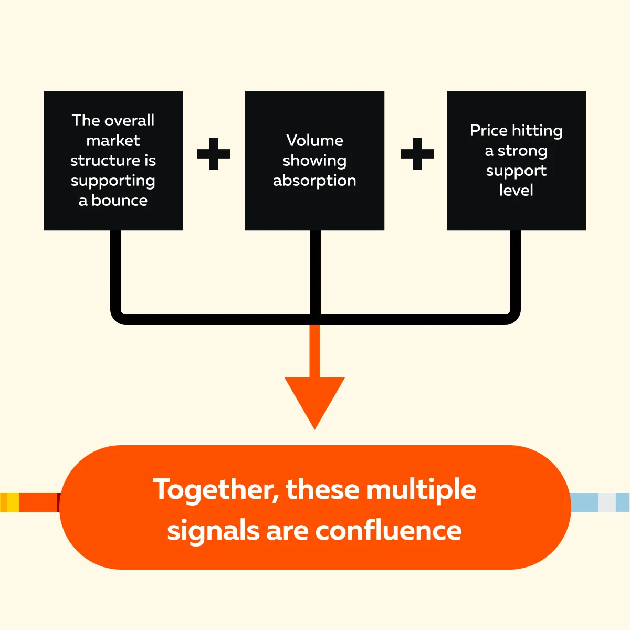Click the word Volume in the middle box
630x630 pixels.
coord(314,140)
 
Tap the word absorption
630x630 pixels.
coord(314,181)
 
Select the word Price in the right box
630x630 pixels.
coord(489,130)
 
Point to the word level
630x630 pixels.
coord(516,190)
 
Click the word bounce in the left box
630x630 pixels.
coord(120,201)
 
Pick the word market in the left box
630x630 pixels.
coord(113,141)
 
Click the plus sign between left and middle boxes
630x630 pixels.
coord(214,154)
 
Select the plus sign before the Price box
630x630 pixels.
coord(417,154)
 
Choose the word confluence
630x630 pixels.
coord(388,531)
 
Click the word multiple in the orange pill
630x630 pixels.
coord(421,490)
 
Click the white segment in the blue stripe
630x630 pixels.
coord(607,502)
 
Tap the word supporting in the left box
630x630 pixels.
coord(113,181)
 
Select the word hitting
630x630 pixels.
coord(538,130)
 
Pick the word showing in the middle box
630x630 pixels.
coord(314,161)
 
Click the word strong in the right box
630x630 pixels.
coord(522,151)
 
